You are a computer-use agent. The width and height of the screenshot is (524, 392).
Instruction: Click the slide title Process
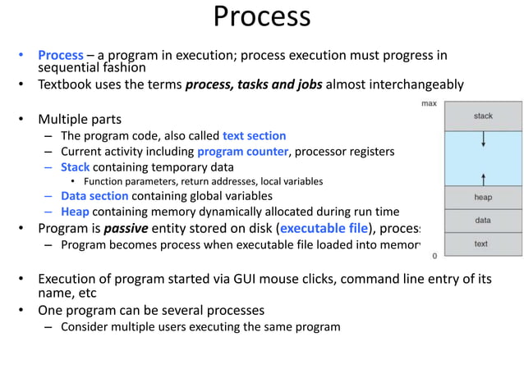262,16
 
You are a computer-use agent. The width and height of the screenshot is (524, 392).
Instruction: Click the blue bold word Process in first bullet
60,55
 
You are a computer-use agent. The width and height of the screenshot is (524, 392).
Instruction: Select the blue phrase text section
254,135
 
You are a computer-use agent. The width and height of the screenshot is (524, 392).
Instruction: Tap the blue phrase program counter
242,151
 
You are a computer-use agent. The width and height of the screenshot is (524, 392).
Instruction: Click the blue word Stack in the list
75,166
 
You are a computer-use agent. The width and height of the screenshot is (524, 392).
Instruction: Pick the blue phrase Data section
94,196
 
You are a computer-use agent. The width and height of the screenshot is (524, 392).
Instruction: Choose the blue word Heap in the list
76,211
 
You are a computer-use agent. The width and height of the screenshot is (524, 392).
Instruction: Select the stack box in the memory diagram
483,116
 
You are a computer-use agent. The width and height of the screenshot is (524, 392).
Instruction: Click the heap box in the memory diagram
483,198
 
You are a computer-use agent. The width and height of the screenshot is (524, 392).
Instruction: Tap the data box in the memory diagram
483,221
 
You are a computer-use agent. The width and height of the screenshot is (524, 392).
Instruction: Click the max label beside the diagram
429,104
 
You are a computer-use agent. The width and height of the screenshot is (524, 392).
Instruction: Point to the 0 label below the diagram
434,257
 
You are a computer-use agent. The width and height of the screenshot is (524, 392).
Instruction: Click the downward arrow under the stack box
483,140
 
